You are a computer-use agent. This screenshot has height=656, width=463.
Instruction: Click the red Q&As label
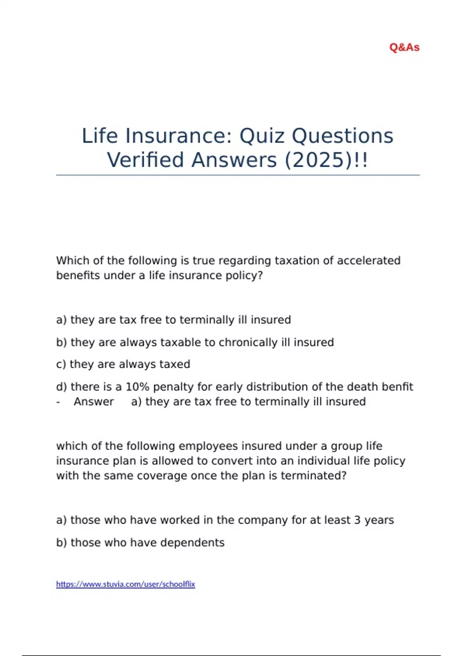pyautogui.click(x=404, y=47)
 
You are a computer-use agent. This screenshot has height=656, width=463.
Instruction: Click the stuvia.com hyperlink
pyautogui.click(x=125, y=584)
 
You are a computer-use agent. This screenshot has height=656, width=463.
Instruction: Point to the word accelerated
pyautogui.click(x=368, y=260)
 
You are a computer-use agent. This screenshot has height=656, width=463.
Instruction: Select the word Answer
pyautogui.click(x=94, y=402)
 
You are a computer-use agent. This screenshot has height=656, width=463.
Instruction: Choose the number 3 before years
pyautogui.click(x=357, y=520)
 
